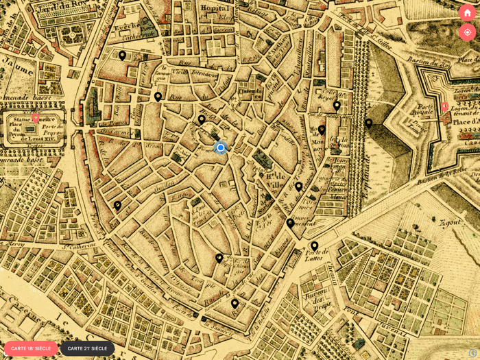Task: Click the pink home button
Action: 467,12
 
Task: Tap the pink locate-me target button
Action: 467,32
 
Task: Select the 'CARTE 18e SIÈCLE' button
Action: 31,348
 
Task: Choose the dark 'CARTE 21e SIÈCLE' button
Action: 87,348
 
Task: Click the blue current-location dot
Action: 221,147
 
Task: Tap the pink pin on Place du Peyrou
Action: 36,117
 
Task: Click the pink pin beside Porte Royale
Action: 444,106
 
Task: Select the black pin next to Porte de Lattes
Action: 314,245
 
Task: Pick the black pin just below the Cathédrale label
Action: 122,55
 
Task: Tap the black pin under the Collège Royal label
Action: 337,106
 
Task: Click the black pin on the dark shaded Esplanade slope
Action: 368,123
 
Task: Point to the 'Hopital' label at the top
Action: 215,8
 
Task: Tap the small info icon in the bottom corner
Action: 472,352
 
